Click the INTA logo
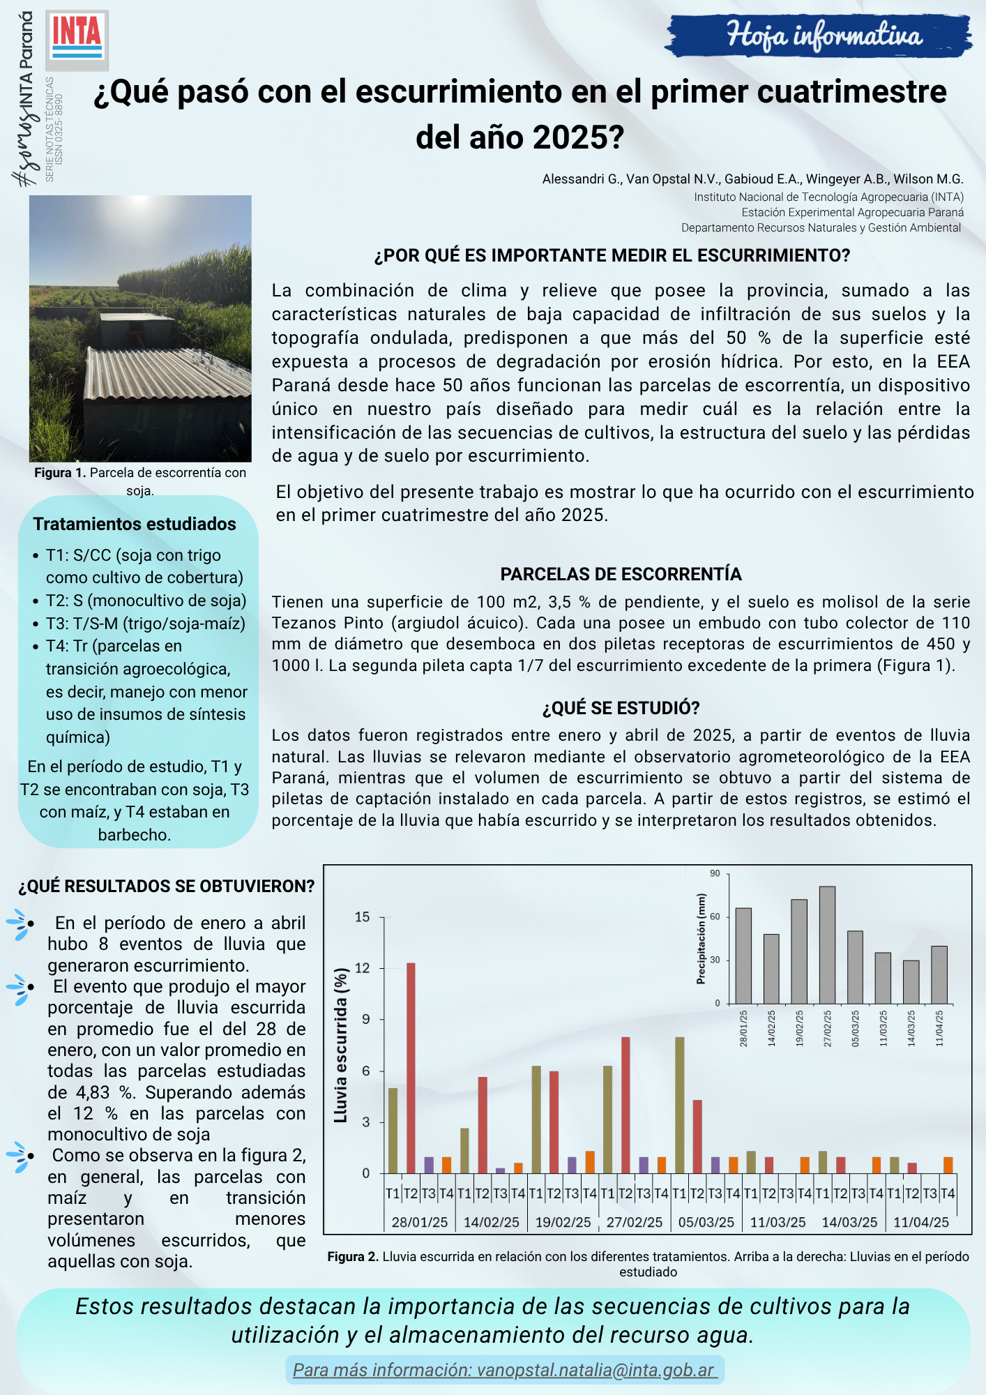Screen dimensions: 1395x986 [77, 39]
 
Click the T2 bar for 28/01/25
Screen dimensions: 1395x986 [411, 1068]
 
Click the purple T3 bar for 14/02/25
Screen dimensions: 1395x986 [500, 1170]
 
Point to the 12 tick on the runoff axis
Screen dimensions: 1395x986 [363, 968]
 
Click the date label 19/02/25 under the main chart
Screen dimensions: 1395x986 [563, 1222]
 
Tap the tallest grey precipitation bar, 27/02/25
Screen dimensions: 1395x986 [827, 945]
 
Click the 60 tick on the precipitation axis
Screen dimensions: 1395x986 [715, 917]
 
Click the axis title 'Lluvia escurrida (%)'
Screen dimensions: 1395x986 [341, 1046]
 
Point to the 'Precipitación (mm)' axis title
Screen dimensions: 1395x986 [701, 939]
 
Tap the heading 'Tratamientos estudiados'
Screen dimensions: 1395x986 [135, 524]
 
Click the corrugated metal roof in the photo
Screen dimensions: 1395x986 [167, 370]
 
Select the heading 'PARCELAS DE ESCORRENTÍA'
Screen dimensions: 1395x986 [621, 574]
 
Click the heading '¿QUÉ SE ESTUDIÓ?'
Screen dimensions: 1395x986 [621, 708]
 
